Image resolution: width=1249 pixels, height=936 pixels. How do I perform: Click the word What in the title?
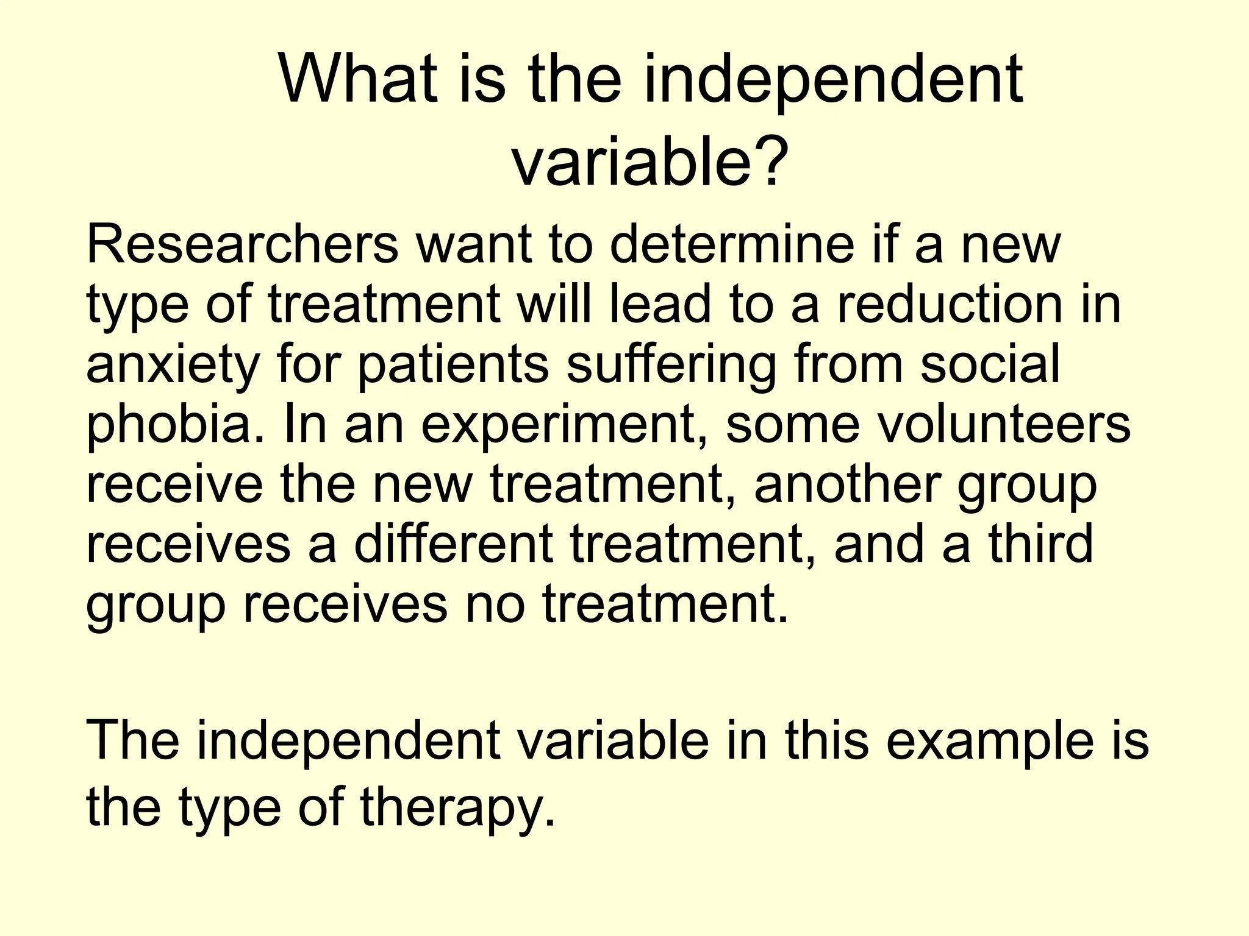[x=357, y=79]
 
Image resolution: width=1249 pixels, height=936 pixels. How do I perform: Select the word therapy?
[x=457, y=808]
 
